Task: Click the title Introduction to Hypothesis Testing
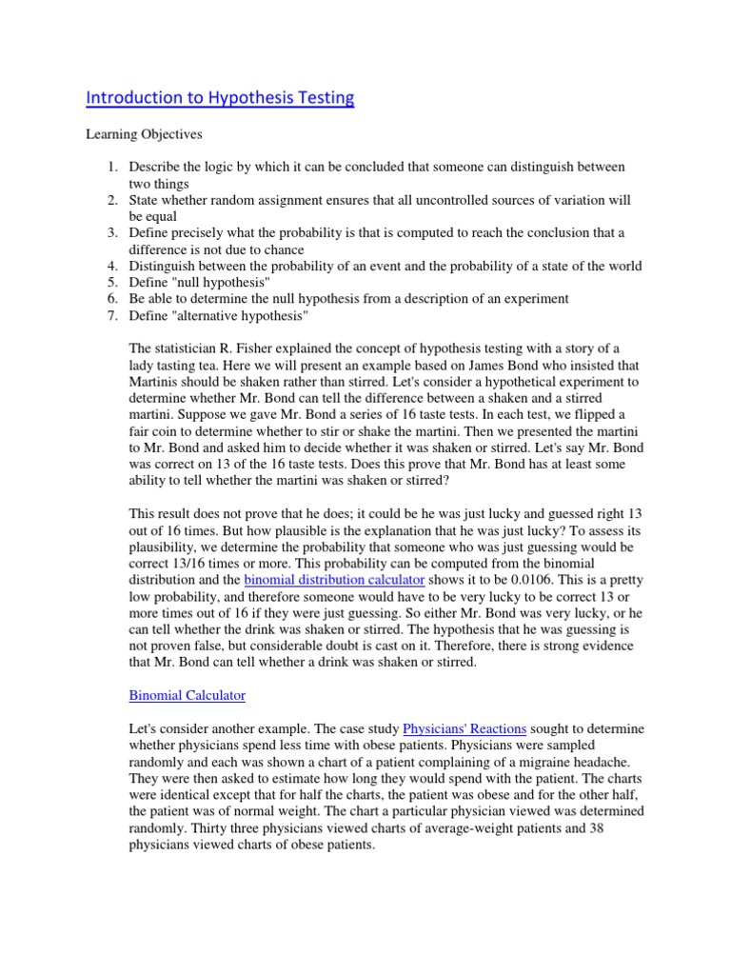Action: (x=220, y=98)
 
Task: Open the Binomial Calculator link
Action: (x=187, y=696)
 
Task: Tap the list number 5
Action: (x=110, y=282)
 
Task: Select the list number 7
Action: (x=110, y=315)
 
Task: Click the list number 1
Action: (x=110, y=167)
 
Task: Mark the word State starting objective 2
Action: (x=146, y=200)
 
